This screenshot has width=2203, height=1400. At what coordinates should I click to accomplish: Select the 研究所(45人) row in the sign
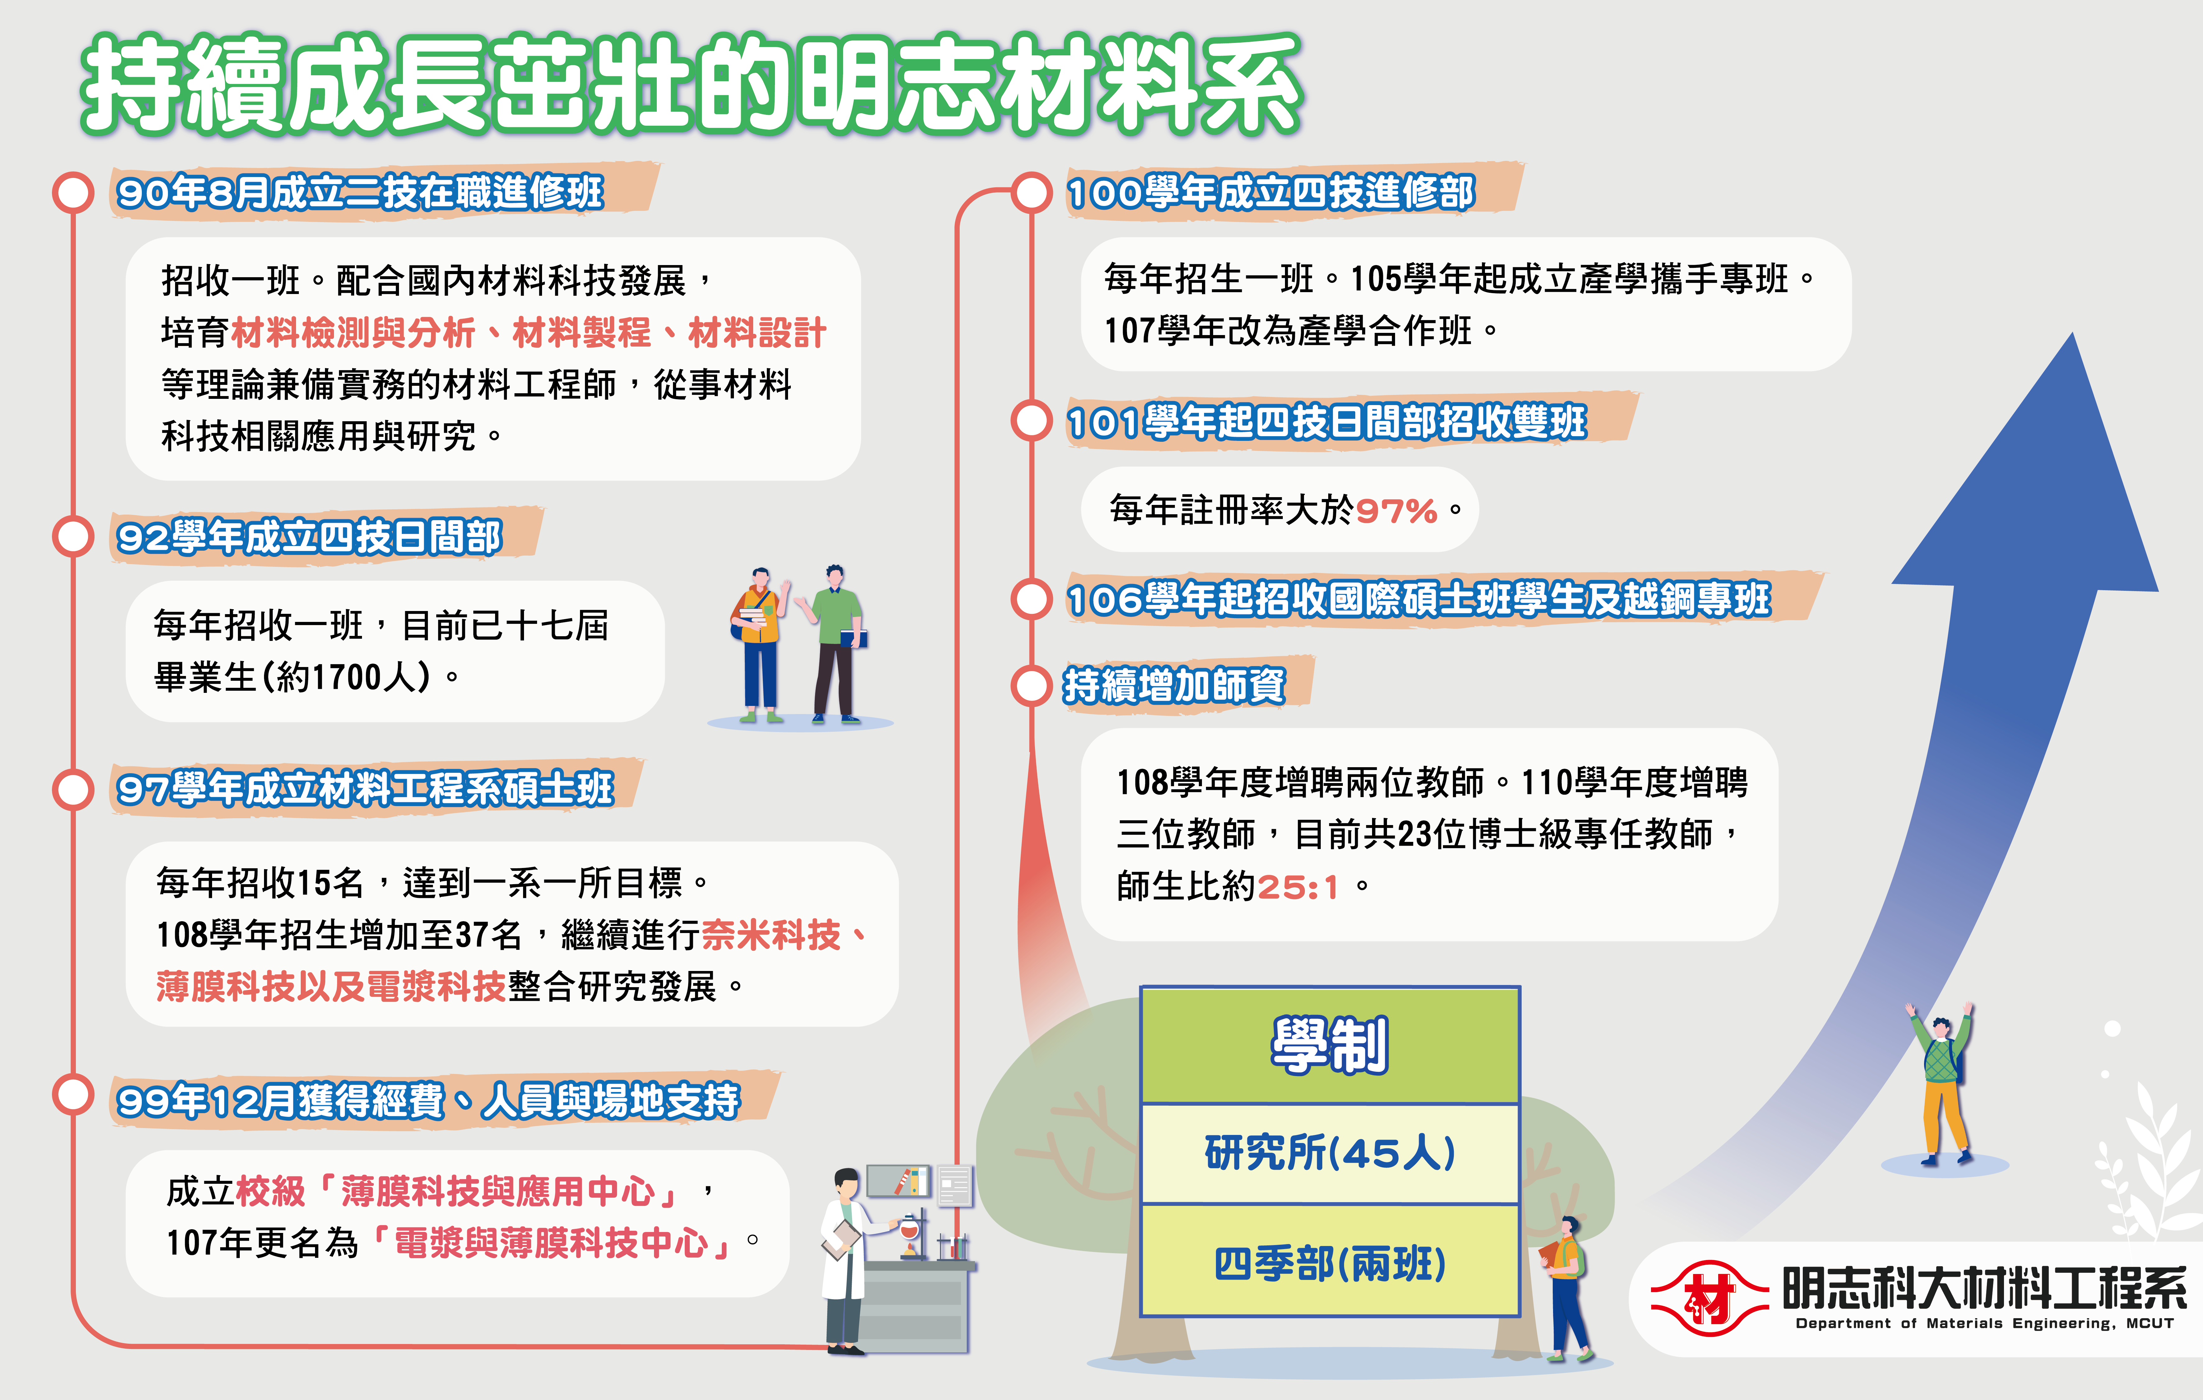[x=1329, y=1153]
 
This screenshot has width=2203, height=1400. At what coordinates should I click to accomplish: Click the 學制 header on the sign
[x=1329, y=1045]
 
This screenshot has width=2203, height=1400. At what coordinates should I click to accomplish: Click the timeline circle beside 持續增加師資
[x=1032, y=685]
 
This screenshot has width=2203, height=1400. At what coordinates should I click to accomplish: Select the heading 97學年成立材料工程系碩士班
[x=365, y=789]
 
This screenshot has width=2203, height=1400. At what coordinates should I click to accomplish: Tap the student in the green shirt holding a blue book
[x=834, y=643]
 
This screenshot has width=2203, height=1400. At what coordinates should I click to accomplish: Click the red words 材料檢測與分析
[x=353, y=332]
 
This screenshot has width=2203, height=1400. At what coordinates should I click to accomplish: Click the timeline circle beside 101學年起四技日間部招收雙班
[x=1032, y=421]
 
